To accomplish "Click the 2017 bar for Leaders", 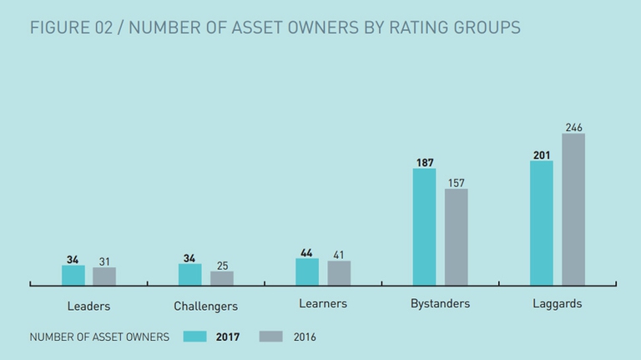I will pyautogui.click(x=73, y=276).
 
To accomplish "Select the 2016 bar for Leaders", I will pyautogui.click(x=104, y=276).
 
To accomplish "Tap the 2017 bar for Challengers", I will pyautogui.click(x=189, y=276).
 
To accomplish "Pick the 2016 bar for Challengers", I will pyautogui.click(x=222, y=278).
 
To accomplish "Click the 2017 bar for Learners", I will pyautogui.click(x=307, y=272).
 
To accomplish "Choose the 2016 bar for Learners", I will pyautogui.click(x=339, y=274).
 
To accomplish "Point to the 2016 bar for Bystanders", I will pyautogui.click(x=456, y=237).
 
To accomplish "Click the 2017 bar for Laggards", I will pyautogui.click(x=542, y=223).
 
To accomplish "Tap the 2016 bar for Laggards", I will pyautogui.click(x=573, y=209).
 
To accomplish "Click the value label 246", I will pyautogui.click(x=573, y=128).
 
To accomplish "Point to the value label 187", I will pyautogui.click(x=424, y=163).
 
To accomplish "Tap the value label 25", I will pyautogui.click(x=222, y=266).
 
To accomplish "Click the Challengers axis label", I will pyautogui.click(x=205, y=307).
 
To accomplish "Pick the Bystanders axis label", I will pyautogui.click(x=440, y=304).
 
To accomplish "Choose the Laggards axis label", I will pyautogui.click(x=557, y=304).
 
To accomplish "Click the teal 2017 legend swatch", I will pyautogui.click(x=195, y=337).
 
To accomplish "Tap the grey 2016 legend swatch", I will pyautogui.click(x=271, y=337).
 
